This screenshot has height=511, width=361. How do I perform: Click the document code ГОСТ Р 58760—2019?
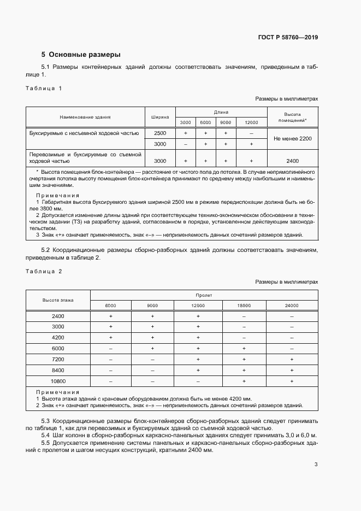click(288, 37)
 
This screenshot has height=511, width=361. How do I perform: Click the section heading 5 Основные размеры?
click(81, 55)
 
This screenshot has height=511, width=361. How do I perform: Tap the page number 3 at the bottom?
click(316, 465)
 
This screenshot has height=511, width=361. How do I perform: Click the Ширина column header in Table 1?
click(159, 117)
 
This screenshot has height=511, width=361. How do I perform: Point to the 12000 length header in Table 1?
click(251, 122)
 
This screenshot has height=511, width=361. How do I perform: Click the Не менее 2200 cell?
click(292, 138)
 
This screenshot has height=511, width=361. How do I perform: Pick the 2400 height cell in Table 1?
click(292, 161)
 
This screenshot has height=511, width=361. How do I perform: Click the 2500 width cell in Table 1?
click(159, 133)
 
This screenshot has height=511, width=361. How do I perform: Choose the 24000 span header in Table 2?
click(292, 306)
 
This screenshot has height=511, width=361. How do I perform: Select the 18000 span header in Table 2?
click(244, 306)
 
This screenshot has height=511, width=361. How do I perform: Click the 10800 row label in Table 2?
click(58, 381)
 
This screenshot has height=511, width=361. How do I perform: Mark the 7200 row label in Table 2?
click(58, 360)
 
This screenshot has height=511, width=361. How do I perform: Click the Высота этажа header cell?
click(58, 300)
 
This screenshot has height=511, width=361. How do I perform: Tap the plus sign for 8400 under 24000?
click(292, 370)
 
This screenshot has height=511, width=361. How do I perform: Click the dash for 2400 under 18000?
click(244, 316)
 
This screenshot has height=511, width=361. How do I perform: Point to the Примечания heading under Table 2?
click(57, 392)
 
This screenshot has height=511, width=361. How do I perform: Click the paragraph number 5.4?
click(46, 434)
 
